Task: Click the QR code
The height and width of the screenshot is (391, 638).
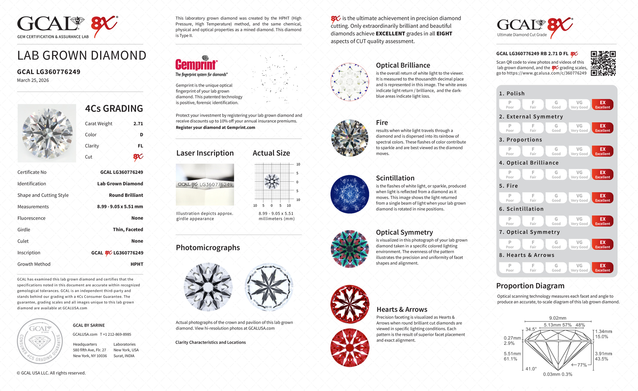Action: [x=603, y=63]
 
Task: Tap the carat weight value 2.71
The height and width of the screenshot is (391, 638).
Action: [x=138, y=124]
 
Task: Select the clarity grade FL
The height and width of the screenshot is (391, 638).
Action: [x=140, y=146]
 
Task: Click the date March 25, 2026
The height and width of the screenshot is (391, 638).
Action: [x=33, y=80]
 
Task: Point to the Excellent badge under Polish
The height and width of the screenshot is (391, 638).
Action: [x=602, y=105]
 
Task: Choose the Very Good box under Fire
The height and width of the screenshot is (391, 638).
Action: [x=579, y=198]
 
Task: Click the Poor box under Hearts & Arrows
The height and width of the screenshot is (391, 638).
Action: [x=510, y=268]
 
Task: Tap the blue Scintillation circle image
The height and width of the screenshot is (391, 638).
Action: [x=350, y=194]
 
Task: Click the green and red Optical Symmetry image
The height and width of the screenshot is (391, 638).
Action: [x=350, y=249]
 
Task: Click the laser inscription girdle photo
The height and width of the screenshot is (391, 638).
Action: [x=205, y=184]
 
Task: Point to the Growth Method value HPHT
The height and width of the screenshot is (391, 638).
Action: [x=137, y=264]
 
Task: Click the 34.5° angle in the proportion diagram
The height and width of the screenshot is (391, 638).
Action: [x=531, y=329]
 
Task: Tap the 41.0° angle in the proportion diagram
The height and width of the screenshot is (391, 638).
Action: [x=531, y=369]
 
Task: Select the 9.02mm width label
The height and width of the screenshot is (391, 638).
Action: [x=558, y=318]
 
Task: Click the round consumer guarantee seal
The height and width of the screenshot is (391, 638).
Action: [x=40, y=341]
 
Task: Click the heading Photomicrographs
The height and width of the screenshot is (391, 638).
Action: [x=208, y=248]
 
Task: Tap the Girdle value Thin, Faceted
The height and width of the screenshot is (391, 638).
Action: [x=128, y=230]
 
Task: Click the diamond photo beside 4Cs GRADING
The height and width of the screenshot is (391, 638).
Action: [x=47, y=133]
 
